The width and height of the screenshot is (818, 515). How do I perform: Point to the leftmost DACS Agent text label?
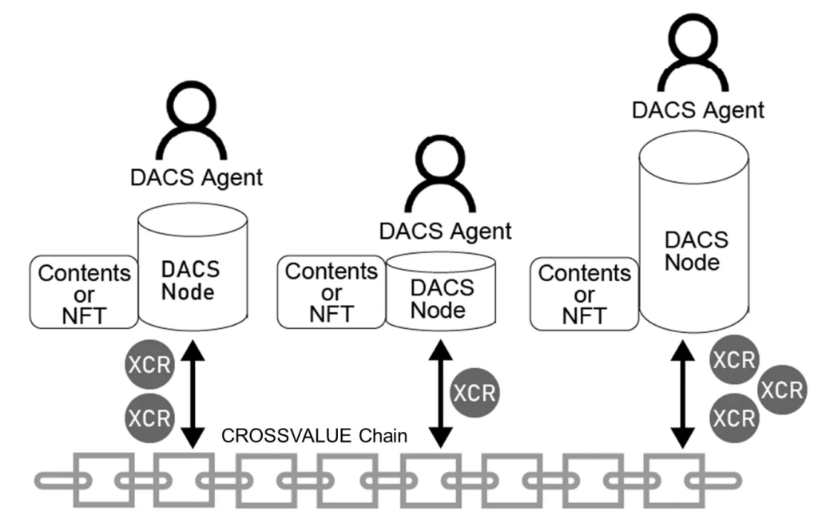pos(196,176)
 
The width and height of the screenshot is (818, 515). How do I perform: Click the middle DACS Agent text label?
pos(445,231)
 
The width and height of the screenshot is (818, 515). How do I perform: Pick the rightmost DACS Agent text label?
pos(697,109)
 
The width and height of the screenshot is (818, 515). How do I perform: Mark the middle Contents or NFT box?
pos(331,292)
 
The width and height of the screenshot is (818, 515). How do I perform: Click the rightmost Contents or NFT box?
pos(584,292)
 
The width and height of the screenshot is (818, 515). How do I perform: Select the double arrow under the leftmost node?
pos(192,391)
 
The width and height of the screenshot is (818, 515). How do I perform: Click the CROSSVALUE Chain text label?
pos(315,437)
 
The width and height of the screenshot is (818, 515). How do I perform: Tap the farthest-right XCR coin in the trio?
pos(780,390)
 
